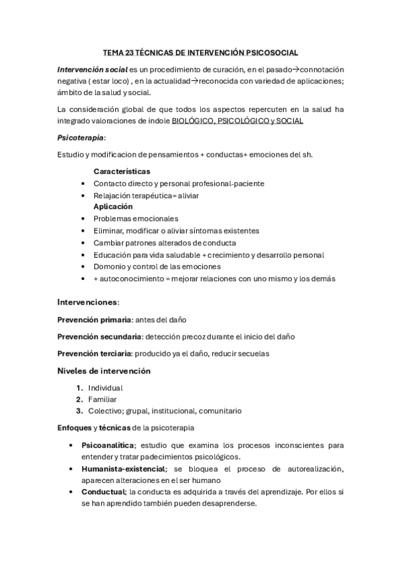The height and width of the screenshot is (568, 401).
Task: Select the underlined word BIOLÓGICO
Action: click(193, 121)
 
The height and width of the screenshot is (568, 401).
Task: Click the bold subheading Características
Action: click(122, 171)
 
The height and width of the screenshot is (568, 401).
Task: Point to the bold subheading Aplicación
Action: click(113, 206)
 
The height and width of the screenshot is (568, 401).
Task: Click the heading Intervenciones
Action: click(87, 302)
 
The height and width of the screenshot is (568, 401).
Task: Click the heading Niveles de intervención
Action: click(104, 370)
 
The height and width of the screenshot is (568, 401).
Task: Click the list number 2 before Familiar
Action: click(79, 399)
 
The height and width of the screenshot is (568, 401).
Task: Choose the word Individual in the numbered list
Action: click(106, 388)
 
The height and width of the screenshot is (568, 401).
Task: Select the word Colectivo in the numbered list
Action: click(107, 411)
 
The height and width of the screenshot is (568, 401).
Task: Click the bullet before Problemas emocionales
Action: click(82, 218)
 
